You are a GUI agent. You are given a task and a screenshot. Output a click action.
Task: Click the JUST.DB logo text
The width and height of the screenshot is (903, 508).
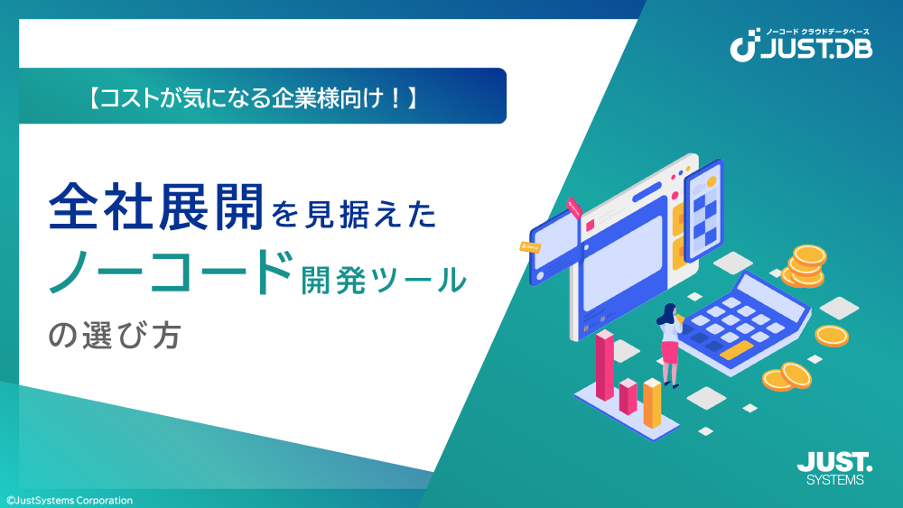tap(816, 49)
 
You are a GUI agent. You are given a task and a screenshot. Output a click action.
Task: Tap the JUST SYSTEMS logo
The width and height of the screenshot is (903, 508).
tap(834, 468)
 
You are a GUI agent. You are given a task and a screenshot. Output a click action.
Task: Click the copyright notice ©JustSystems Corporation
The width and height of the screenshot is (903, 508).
tap(70, 501)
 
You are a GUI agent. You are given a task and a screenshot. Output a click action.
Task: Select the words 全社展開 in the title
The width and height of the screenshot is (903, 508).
tap(156, 207)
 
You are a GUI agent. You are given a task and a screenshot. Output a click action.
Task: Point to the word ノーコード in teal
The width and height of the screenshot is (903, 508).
tap(171, 272)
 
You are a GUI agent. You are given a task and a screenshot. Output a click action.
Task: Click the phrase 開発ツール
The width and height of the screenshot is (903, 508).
tap(384, 280)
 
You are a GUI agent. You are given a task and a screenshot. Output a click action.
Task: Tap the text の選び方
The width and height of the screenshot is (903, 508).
tap(115, 336)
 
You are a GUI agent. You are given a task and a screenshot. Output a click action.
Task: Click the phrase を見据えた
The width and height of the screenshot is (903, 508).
tap(354, 214)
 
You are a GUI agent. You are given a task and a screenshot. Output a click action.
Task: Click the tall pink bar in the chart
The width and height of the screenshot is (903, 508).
tap(605, 365)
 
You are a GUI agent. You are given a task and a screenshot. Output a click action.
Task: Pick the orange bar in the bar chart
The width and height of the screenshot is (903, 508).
tap(652, 402)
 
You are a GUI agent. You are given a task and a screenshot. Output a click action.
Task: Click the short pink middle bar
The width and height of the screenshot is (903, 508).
tap(628, 396)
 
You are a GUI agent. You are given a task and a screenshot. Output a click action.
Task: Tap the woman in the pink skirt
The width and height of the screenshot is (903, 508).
tap(670, 345)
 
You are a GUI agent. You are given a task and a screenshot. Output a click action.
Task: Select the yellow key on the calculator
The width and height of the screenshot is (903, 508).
tap(736, 350)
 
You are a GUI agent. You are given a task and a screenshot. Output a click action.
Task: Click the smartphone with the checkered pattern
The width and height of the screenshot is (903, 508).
tap(703, 209)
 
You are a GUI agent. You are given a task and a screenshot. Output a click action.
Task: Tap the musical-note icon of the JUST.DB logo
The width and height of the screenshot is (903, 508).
tap(744, 45)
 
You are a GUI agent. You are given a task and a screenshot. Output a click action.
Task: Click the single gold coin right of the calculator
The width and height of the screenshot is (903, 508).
tap(832, 336)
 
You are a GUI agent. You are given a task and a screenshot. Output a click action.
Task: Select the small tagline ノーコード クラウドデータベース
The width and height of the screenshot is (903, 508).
tap(817, 32)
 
